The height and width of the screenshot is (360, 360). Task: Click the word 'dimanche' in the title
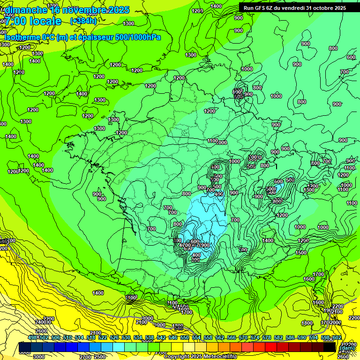point(26,10)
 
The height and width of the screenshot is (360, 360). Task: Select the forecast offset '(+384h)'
point(83,21)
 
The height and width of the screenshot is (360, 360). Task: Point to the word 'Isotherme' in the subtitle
point(22,37)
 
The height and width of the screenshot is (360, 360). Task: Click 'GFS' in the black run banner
point(260,7)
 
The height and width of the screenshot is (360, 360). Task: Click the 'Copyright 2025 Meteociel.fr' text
point(201,357)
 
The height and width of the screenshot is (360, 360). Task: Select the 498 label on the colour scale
point(32,338)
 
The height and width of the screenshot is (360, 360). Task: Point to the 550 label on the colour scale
point(185,338)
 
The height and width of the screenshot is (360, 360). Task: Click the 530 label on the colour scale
point(126,338)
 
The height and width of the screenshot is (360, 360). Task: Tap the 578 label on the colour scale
point(267,338)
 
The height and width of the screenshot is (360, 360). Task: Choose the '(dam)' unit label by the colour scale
point(347,348)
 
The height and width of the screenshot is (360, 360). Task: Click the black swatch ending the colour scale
point(330,347)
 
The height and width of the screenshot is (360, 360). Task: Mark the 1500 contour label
point(301,253)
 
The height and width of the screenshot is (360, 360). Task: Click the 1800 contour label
point(307,323)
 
